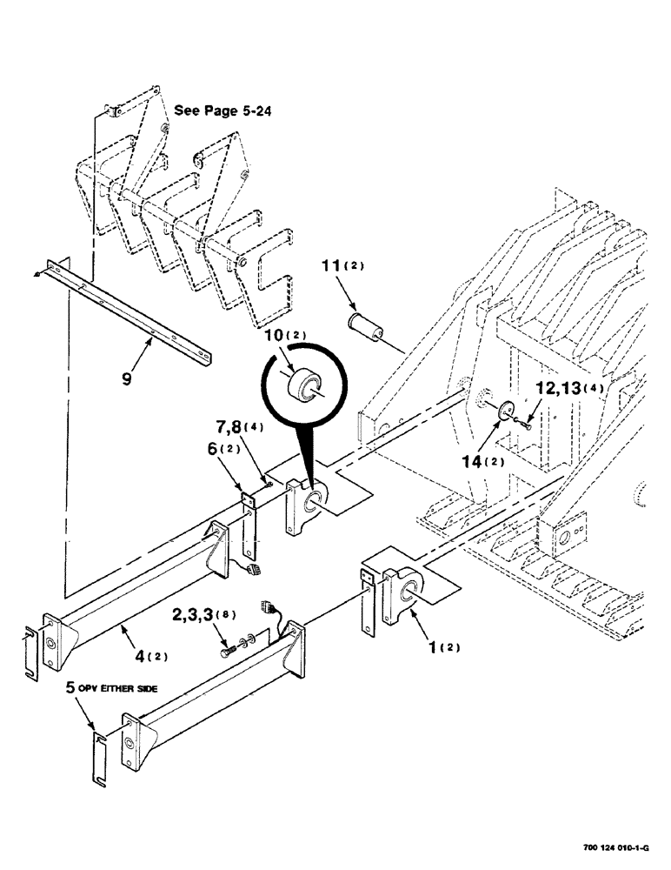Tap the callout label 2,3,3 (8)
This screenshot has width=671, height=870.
click(x=196, y=615)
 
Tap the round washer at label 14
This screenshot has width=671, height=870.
click(x=504, y=412)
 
